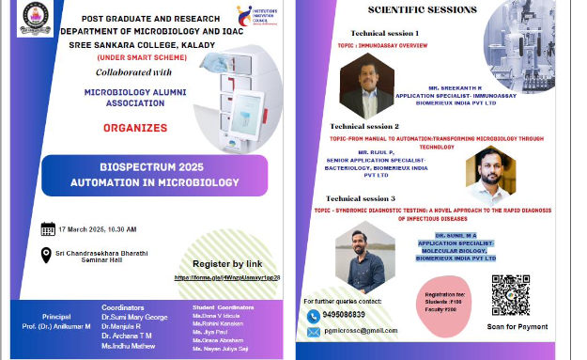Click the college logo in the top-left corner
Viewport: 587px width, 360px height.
pos(36,20)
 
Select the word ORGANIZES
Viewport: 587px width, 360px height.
pos(137,127)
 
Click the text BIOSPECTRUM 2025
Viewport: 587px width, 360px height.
pos(142,164)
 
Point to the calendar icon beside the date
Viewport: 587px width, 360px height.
pos(48,228)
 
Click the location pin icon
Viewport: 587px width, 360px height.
pos(46,255)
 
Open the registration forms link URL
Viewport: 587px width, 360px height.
pos(226,278)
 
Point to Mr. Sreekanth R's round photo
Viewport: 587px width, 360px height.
pos(365,85)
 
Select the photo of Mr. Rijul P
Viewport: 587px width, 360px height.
pos(490,175)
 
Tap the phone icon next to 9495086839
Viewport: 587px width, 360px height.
pos(314,316)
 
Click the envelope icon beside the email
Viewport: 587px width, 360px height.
pos(314,331)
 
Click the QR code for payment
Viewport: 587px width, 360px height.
pos(511,294)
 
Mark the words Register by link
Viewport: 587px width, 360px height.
pos(227,264)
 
